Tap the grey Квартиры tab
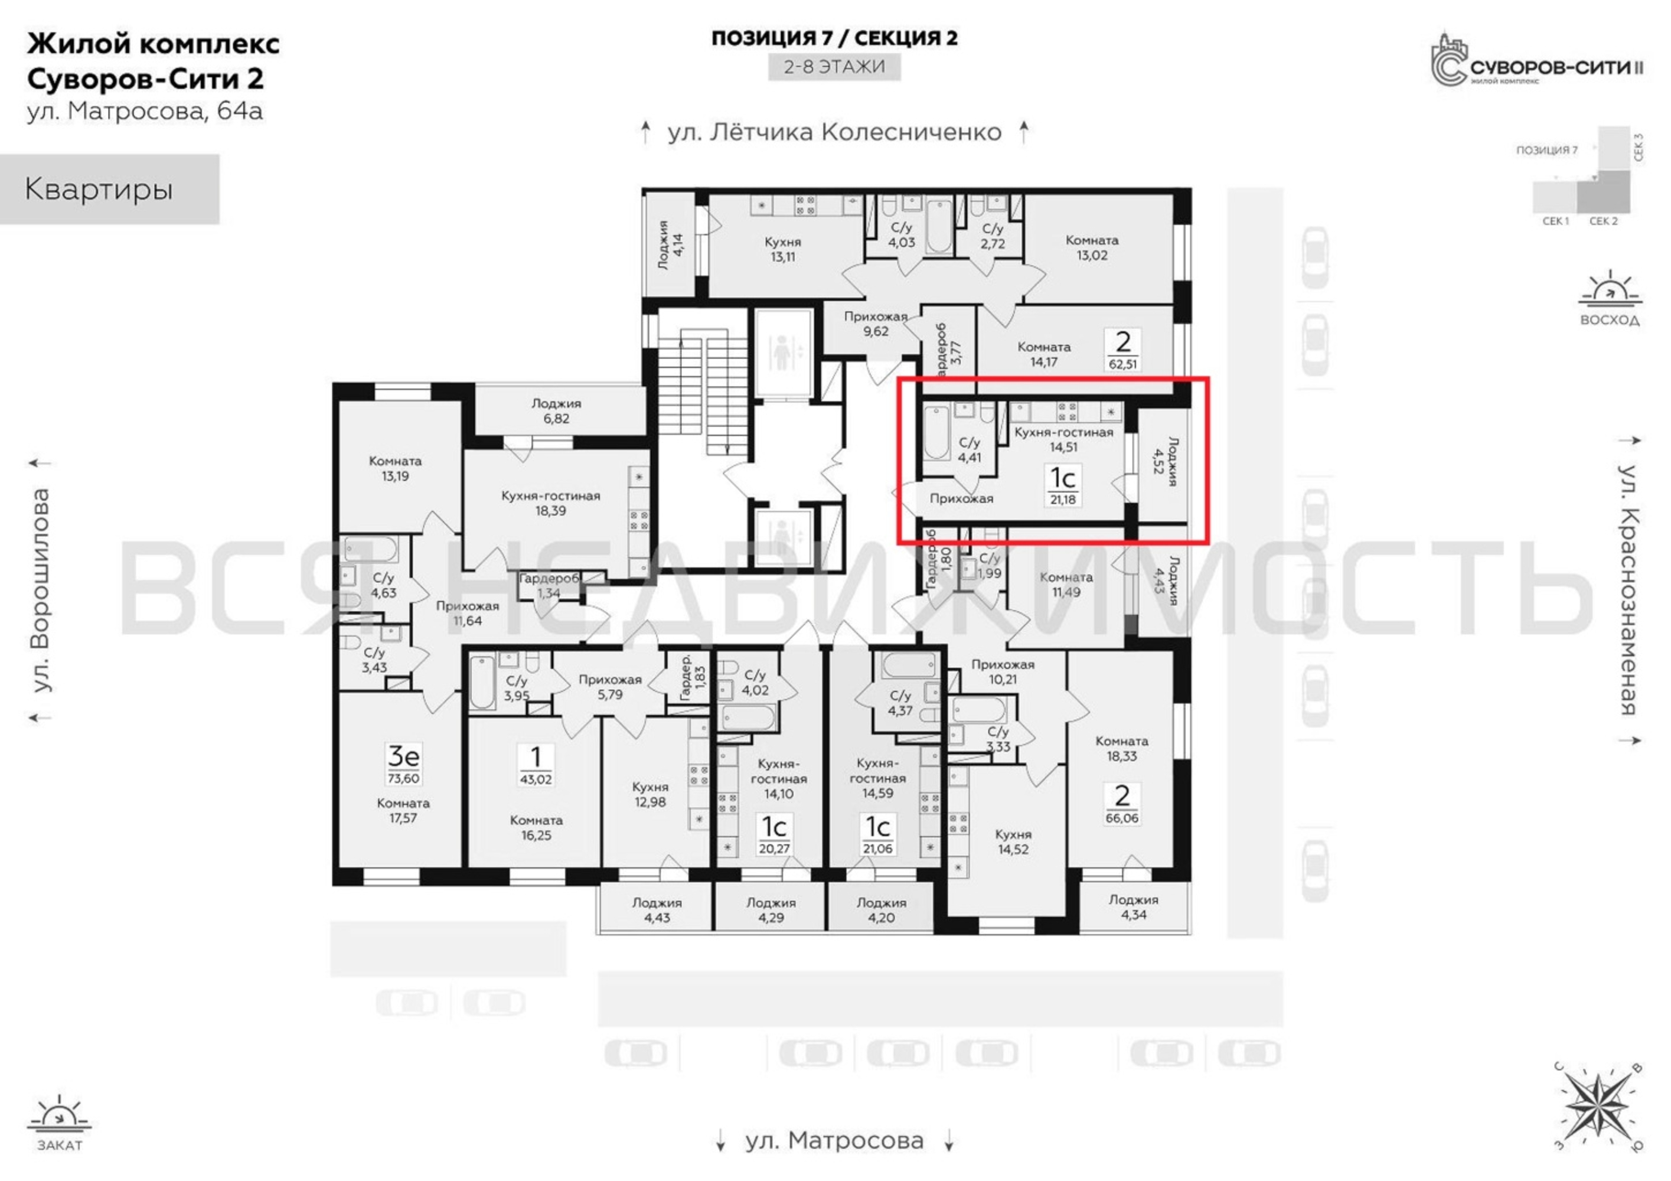coord(109,189)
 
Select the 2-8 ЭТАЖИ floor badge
coord(835,67)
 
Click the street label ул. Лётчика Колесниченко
coord(835,132)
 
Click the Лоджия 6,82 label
coord(556,411)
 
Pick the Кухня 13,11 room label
coord(783,249)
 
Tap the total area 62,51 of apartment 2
coord(1123,364)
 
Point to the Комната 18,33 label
coord(1121,748)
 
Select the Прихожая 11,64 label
coord(467,614)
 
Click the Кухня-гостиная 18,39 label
coord(551,503)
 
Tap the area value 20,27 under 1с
coord(774,849)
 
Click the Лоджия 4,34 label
coord(1134,906)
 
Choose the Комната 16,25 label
coord(536,827)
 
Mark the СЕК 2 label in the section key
coord(1603,221)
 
